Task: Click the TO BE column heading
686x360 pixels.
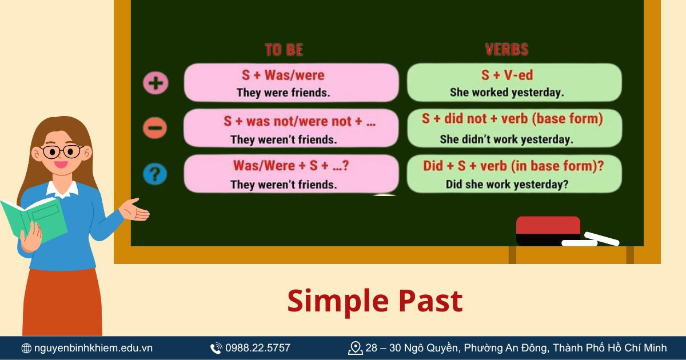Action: [x=284, y=50]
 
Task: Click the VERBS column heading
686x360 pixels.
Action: [x=506, y=50]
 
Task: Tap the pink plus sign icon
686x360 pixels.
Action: [x=155, y=83]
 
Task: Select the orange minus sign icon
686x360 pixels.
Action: [x=155, y=127]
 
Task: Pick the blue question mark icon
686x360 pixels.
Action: [x=155, y=173]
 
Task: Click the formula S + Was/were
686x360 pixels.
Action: [x=283, y=75]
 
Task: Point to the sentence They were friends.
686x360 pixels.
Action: [x=283, y=93]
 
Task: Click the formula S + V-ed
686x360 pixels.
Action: [x=507, y=75]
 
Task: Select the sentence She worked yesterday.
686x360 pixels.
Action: [x=506, y=92]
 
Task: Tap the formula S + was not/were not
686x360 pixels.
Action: [x=300, y=121]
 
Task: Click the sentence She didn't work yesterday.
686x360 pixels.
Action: [x=506, y=139]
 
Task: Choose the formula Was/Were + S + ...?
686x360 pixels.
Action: [x=291, y=166]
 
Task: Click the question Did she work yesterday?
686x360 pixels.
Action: [x=506, y=185]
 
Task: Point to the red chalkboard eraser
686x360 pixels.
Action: [x=548, y=230]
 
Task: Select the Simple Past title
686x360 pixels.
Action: [x=374, y=301]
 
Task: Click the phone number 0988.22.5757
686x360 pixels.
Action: [x=257, y=347]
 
